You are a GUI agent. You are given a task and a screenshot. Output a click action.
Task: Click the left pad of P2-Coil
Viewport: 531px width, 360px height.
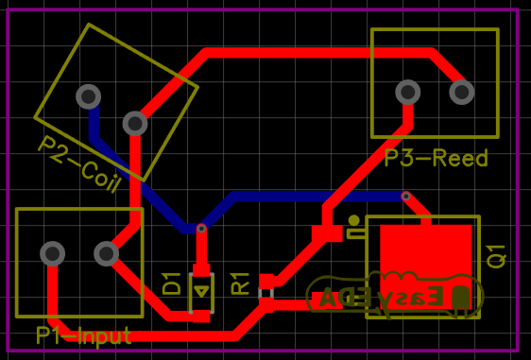point(89,95)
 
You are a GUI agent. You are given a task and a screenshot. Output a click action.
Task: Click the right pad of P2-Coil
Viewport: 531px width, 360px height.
point(135,123)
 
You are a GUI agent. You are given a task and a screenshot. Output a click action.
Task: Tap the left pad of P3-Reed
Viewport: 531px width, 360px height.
point(407,92)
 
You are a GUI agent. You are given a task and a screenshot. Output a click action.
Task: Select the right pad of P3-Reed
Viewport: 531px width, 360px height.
point(461,92)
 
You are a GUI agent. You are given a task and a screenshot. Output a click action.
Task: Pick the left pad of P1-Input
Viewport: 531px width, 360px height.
point(53,253)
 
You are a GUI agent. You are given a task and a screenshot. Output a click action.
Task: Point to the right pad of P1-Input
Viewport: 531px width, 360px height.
point(106,253)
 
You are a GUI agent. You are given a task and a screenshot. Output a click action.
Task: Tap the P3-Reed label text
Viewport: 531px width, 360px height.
point(436,158)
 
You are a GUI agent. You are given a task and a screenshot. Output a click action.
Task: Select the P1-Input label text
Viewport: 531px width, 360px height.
point(83,335)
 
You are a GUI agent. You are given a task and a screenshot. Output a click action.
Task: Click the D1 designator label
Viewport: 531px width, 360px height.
point(172,283)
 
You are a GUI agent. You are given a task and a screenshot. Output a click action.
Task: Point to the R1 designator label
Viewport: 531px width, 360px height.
point(241,283)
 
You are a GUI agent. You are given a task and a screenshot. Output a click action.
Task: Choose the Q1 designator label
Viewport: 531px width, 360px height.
point(497,255)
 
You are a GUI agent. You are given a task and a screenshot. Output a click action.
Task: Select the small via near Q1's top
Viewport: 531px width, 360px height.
point(406,197)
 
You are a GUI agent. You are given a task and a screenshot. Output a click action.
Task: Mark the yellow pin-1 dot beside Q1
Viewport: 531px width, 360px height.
point(353,220)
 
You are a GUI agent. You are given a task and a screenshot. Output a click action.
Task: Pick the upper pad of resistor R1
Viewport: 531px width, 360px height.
point(266,281)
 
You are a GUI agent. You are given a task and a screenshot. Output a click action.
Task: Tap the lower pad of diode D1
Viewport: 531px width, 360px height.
point(201,316)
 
